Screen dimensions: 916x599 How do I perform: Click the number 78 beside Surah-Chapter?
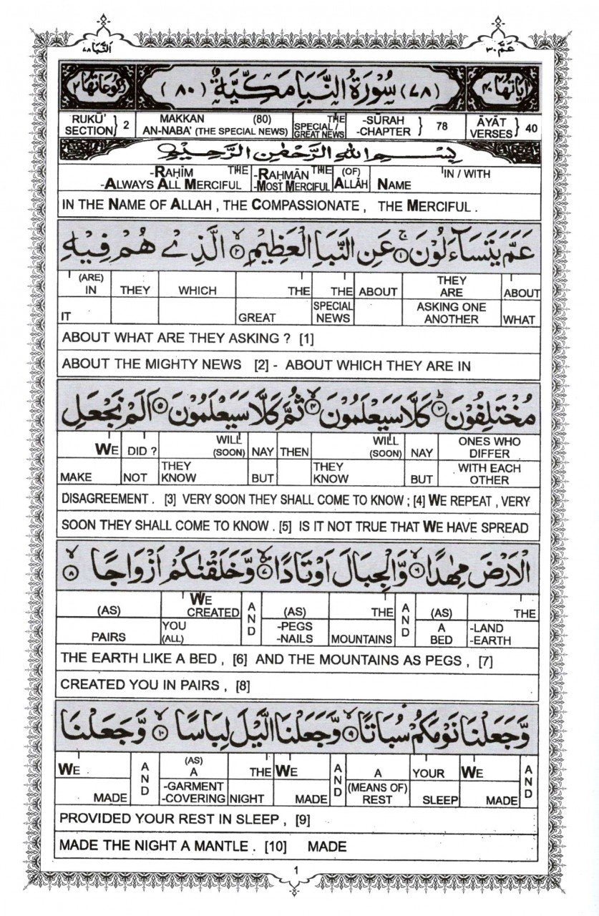(442, 126)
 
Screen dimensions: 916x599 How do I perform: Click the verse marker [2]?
(261, 365)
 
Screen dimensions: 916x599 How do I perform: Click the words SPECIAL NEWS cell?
(332, 313)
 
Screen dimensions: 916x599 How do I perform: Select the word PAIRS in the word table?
(108, 636)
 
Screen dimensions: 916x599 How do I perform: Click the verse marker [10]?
(276, 847)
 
